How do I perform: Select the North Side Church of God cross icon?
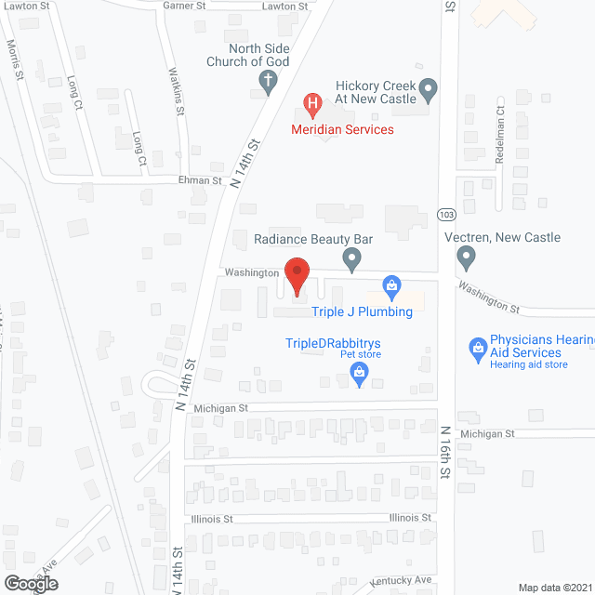tap(267, 82)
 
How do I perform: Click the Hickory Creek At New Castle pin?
tap(429, 90)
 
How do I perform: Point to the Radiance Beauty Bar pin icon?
tap(351, 258)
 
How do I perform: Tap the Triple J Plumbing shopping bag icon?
tap(391, 284)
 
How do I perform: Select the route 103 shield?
tap(447, 215)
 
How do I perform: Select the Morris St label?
tap(14, 58)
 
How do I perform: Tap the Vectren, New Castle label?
tap(515, 237)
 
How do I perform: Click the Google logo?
tap(31, 584)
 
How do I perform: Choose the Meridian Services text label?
tap(343, 129)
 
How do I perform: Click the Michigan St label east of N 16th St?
tap(486, 434)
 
